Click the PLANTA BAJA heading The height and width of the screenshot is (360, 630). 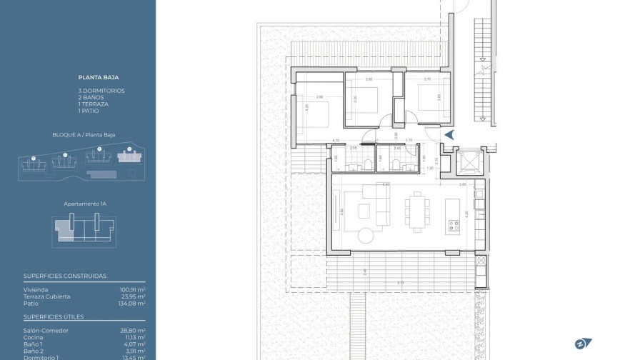[99, 76]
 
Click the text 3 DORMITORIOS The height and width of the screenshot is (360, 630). [101, 91]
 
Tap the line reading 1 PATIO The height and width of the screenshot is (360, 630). [89, 111]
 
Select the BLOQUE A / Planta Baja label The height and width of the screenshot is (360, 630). [84, 134]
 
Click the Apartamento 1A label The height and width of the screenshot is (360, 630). [84, 204]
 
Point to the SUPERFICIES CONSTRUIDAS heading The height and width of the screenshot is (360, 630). [65, 276]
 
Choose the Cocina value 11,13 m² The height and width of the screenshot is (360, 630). [134, 338]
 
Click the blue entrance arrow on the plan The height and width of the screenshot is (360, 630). [449, 134]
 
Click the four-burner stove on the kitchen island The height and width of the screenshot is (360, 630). [453, 226]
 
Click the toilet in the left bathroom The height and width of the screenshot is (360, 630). [366, 164]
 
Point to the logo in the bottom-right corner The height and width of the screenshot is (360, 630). [582, 342]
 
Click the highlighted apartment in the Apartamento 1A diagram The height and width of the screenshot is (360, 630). [65, 230]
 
